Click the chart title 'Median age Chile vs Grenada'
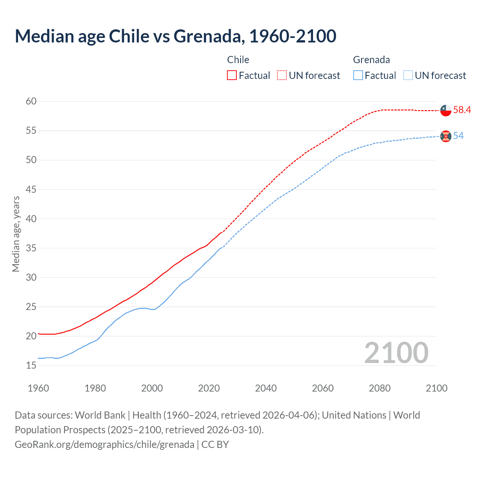(x=175, y=36)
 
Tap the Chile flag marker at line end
(x=445, y=110)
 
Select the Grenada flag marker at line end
(x=445, y=136)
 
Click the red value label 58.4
(x=462, y=110)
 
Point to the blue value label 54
(x=458, y=136)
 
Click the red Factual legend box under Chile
(x=232, y=76)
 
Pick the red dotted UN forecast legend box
(x=282, y=76)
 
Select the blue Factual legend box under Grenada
(x=358, y=76)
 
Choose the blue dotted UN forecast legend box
(x=408, y=76)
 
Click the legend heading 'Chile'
(x=238, y=60)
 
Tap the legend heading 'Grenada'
(x=371, y=60)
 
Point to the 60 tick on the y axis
(x=31, y=101)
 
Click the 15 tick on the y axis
(x=31, y=365)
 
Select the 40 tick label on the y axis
(x=31, y=219)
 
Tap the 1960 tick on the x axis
(x=38, y=388)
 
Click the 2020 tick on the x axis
(x=209, y=388)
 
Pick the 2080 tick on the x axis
(x=380, y=388)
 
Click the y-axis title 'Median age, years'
(x=16, y=234)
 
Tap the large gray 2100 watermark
(x=396, y=353)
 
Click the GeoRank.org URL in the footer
(x=104, y=445)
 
